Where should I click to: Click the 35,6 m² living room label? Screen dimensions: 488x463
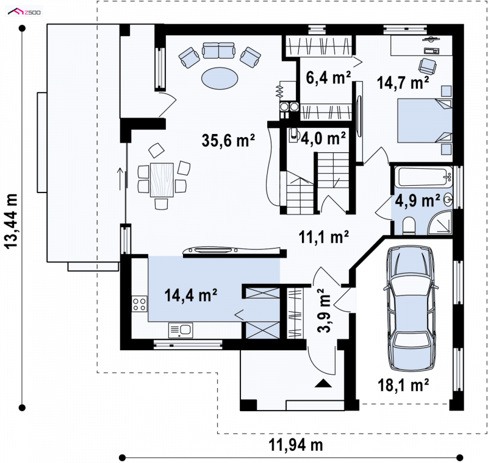point(228,141)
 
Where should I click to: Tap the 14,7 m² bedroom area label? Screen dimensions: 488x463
point(403,83)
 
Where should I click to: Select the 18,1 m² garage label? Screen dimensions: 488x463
point(403,385)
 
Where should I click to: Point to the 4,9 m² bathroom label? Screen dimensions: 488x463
point(417,200)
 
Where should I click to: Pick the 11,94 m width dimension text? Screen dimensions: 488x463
point(296,445)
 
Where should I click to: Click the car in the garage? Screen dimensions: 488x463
point(411,308)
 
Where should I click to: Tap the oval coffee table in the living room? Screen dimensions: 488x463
point(220,78)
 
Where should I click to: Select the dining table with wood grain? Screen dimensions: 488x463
point(162,180)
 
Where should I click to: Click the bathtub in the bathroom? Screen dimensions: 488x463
point(423,177)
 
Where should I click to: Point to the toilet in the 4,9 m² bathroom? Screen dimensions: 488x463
point(409,226)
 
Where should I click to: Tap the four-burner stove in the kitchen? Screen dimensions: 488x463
point(140,304)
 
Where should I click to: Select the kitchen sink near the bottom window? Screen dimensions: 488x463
point(181,330)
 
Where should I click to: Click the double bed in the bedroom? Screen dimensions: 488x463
point(425,121)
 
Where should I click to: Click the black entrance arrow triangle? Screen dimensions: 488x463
point(323,383)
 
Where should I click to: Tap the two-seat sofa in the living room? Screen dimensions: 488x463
point(218,51)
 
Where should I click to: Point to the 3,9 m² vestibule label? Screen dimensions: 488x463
point(325,311)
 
